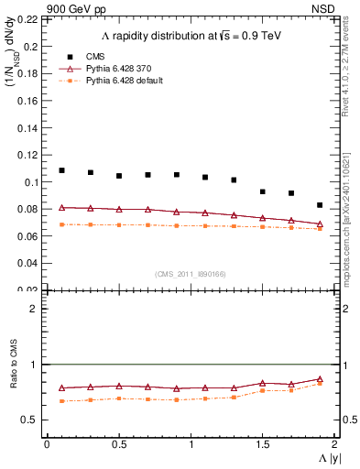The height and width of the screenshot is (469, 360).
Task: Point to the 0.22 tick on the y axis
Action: pyautogui.click(x=30, y=19)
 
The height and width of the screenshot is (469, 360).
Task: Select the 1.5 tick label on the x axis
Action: pyautogui.click(x=263, y=444)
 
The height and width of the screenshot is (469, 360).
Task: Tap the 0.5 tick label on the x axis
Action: pyautogui.click(x=119, y=444)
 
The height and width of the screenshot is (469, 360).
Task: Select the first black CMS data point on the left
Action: pyautogui.click(x=61, y=170)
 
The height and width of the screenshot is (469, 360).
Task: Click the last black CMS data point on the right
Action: pyautogui.click(x=320, y=205)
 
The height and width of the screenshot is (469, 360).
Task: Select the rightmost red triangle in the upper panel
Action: pyautogui.click(x=320, y=224)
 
